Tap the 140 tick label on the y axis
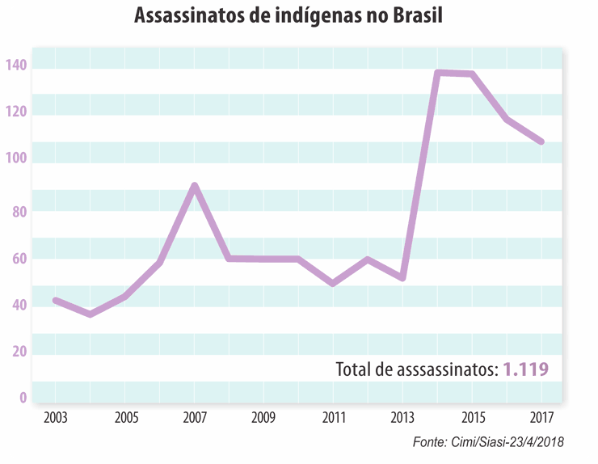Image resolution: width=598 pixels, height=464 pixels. [x=16, y=65]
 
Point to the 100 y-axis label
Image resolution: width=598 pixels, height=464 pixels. [x=16, y=159]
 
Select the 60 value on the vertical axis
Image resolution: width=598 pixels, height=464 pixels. [x=19, y=259]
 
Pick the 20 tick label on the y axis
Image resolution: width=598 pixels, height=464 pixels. [x=19, y=352]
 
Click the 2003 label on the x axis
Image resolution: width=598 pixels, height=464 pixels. [x=56, y=419]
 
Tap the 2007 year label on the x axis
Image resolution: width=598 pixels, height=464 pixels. [x=195, y=419]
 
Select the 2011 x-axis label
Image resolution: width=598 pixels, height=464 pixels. [x=334, y=419]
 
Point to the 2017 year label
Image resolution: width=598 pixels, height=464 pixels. [x=542, y=419]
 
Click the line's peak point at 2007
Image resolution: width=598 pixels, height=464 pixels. [x=195, y=186]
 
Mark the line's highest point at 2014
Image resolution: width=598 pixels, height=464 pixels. [x=437, y=73]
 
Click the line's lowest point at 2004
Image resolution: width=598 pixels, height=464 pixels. [x=90, y=314]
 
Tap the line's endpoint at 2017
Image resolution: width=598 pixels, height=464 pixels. [x=541, y=141]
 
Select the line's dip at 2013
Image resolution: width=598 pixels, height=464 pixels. [x=402, y=278]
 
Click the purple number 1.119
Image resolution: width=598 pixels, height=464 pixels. [x=526, y=370]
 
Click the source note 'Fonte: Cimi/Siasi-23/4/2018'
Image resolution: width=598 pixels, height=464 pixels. [x=487, y=442]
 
